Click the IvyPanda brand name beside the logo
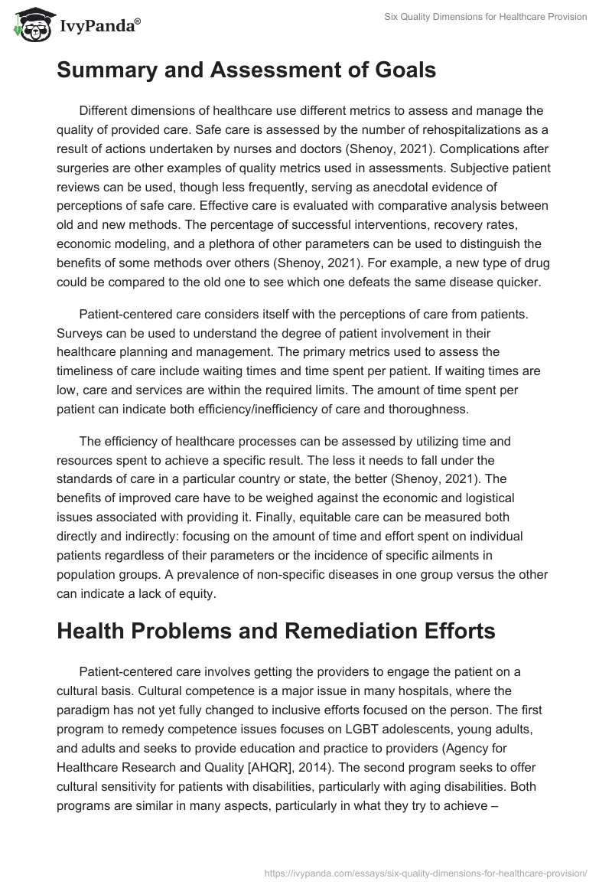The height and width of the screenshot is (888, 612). (x=96, y=27)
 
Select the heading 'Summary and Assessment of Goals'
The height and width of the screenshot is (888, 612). (x=246, y=71)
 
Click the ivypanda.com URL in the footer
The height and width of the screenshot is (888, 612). (x=425, y=872)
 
